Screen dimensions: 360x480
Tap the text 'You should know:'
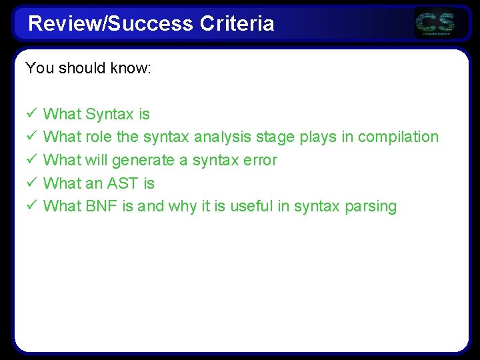(89, 68)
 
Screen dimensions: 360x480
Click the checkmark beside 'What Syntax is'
(31, 115)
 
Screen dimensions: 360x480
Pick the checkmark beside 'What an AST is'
(31, 183)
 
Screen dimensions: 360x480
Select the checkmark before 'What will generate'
(31, 160)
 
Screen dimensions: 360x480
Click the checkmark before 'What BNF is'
(31, 206)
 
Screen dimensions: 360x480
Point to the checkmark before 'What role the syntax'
(31, 137)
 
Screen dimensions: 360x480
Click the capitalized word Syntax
(110, 115)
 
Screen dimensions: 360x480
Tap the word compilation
(398, 137)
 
